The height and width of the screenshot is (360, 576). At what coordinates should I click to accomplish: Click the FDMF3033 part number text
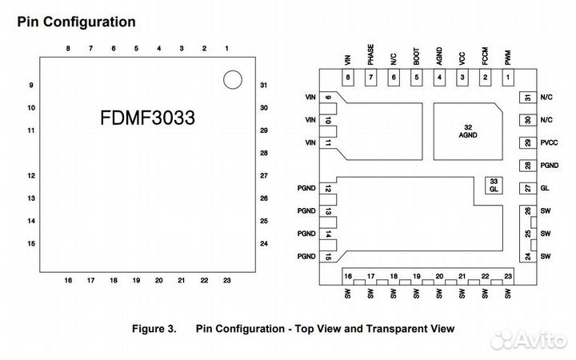click(148, 118)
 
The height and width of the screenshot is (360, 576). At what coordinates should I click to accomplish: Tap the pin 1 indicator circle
click(231, 79)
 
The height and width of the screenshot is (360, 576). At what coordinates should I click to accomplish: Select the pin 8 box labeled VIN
click(348, 78)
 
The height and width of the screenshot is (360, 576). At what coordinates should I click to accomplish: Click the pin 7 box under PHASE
click(370, 78)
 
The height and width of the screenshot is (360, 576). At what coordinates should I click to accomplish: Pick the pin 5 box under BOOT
click(416, 78)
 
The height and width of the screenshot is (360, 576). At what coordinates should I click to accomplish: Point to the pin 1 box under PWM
click(507, 78)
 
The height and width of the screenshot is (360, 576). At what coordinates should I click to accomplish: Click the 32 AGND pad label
click(466, 131)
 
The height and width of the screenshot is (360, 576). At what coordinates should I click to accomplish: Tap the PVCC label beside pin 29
click(550, 142)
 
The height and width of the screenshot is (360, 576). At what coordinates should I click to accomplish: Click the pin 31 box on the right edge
click(527, 98)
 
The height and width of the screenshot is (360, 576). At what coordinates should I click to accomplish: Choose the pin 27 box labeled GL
click(527, 188)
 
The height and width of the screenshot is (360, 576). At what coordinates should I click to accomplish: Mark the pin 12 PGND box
click(329, 189)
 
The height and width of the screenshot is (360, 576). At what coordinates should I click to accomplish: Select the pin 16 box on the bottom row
click(348, 277)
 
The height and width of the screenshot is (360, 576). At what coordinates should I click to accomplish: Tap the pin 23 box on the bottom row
click(508, 277)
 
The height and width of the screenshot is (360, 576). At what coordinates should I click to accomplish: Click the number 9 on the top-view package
click(30, 85)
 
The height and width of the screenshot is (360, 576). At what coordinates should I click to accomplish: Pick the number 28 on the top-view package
click(263, 153)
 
